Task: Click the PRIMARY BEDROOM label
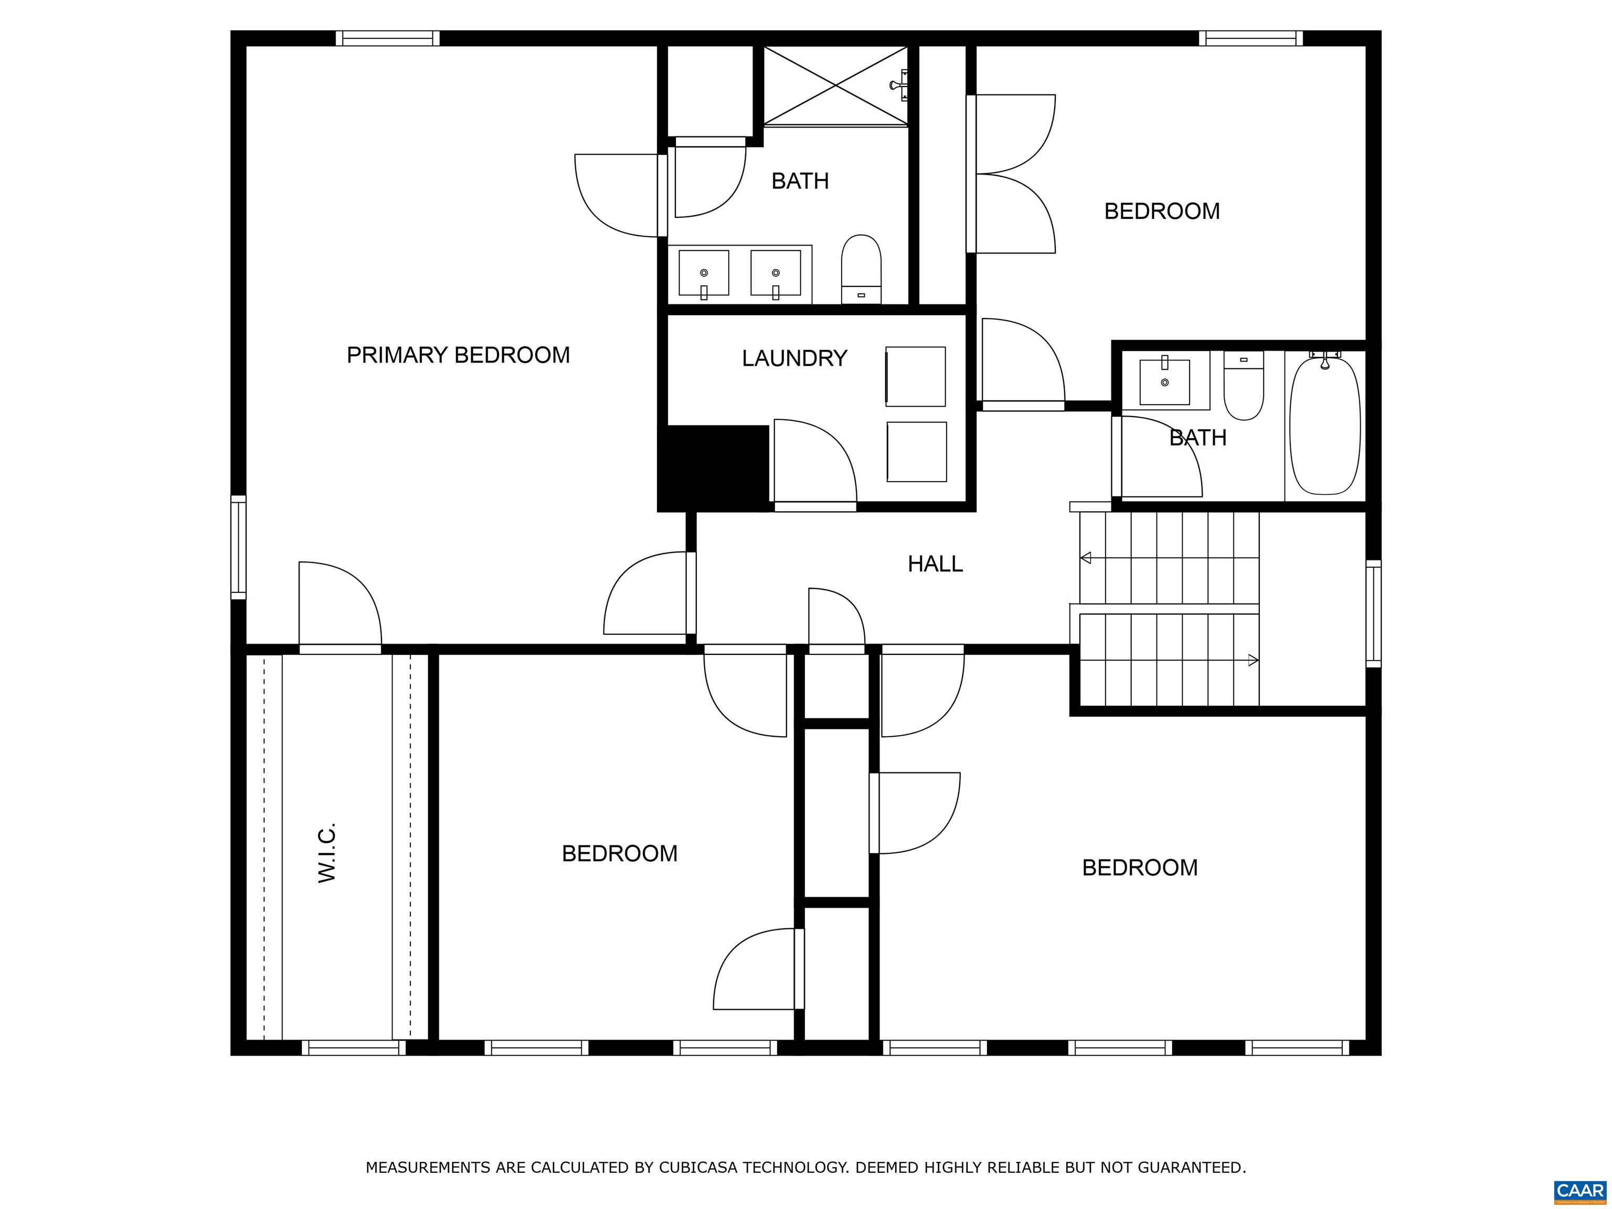click(x=458, y=355)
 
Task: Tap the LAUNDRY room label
click(x=794, y=358)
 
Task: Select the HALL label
click(x=935, y=564)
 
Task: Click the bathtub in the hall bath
click(x=1325, y=426)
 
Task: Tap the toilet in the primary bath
click(x=862, y=269)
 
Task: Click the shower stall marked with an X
click(x=836, y=85)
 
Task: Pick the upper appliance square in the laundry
click(x=915, y=376)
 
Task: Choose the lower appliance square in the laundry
click(x=917, y=452)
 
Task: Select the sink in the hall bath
click(x=1164, y=381)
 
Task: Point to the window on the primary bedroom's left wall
click(x=238, y=547)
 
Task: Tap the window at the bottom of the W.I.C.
click(x=354, y=1048)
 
